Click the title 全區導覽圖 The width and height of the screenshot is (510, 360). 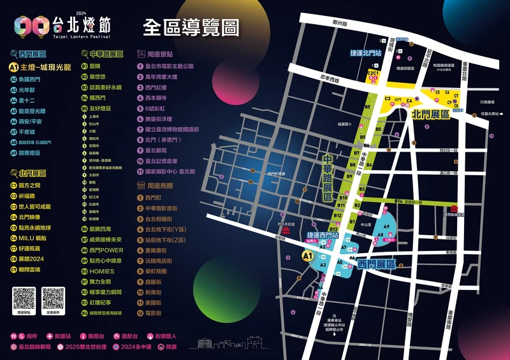(x=191, y=27)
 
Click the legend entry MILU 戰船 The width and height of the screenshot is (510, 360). (x=33, y=238)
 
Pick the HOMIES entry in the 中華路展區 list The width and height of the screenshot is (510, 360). (x=101, y=271)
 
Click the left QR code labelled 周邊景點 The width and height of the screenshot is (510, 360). (x=25, y=299)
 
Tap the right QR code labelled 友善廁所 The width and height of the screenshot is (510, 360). (x=53, y=299)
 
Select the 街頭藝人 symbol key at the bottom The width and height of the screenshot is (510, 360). (x=161, y=335)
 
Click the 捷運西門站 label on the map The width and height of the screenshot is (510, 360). (x=320, y=234)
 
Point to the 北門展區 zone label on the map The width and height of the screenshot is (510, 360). (x=431, y=115)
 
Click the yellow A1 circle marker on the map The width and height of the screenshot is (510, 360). (x=307, y=256)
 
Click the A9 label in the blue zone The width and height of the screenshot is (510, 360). (x=386, y=227)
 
